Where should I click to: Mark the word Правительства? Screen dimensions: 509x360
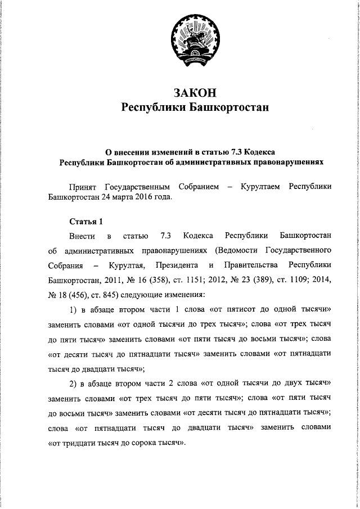(x=249, y=264)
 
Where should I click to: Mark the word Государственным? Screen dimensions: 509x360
(x=137, y=187)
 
